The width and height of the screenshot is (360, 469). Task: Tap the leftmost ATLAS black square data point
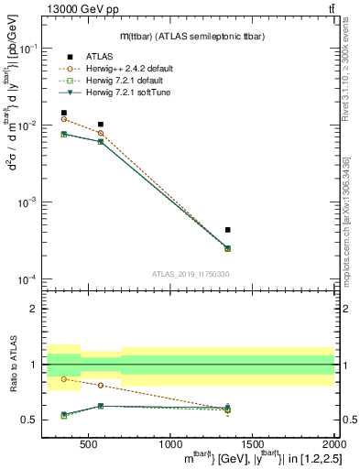(x=63, y=113)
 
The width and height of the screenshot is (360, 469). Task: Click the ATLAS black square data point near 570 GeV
(x=101, y=124)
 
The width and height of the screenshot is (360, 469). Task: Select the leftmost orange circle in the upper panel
(x=63, y=119)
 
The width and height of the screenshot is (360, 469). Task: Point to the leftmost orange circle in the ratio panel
(x=63, y=378)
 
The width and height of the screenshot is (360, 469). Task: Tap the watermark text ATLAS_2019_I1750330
(x=191, y=274)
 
